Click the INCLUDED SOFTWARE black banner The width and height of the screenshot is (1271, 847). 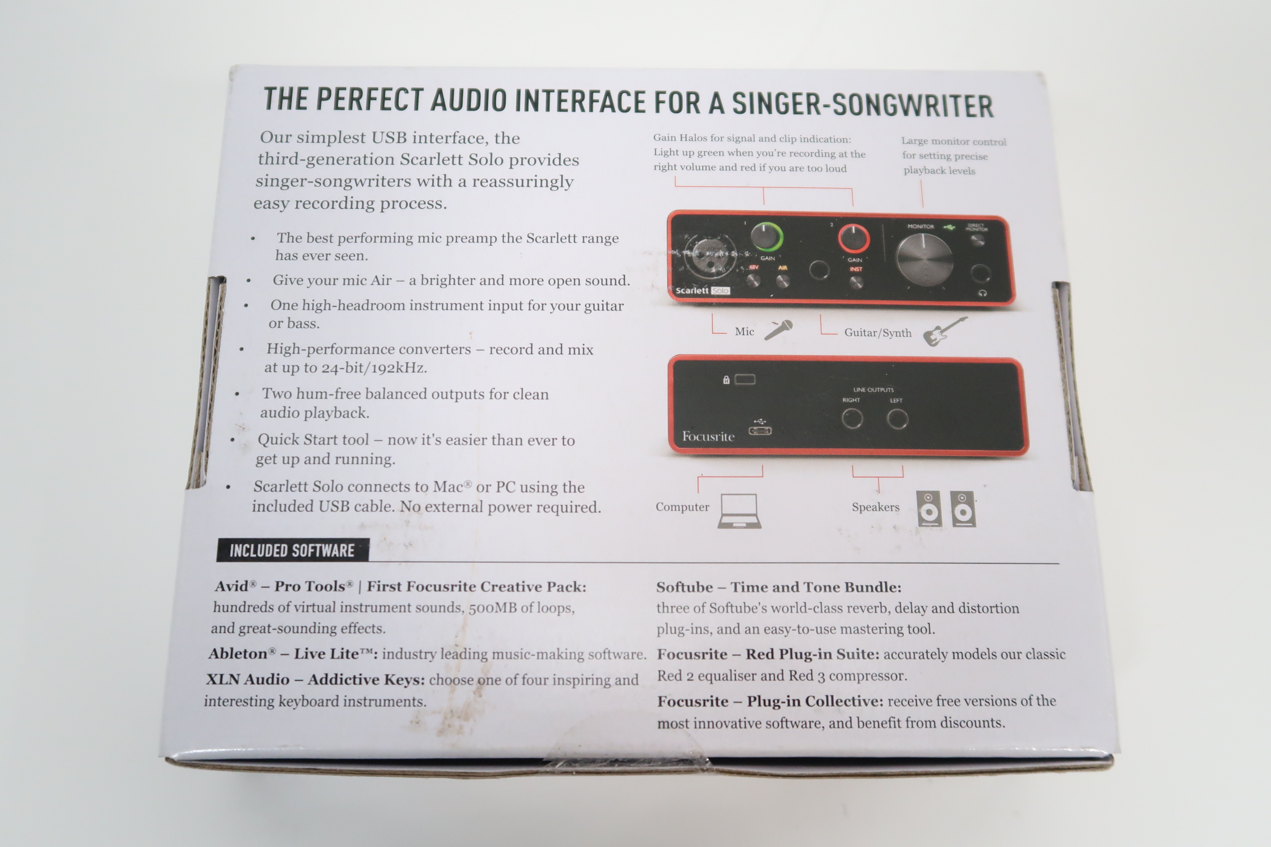(292, 550)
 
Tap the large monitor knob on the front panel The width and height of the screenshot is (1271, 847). (924, 259)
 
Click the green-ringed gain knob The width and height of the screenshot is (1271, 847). (765, 237)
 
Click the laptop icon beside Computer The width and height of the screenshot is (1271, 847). (739, 510)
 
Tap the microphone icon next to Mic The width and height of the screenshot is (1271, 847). (778, 329)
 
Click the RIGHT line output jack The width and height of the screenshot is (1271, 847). (852, 419)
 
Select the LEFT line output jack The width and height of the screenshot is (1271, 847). (898, 419)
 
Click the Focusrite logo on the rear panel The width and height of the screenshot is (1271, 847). (708, 436)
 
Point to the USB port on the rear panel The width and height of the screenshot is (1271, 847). (760, 430)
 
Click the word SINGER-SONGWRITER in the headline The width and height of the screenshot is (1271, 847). (863, 104)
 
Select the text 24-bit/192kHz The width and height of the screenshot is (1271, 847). (374, 368)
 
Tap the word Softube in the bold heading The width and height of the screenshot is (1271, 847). (685, 587)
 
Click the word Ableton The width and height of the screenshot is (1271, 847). (238, 654)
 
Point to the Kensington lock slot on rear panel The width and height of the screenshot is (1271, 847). (745, 379)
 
